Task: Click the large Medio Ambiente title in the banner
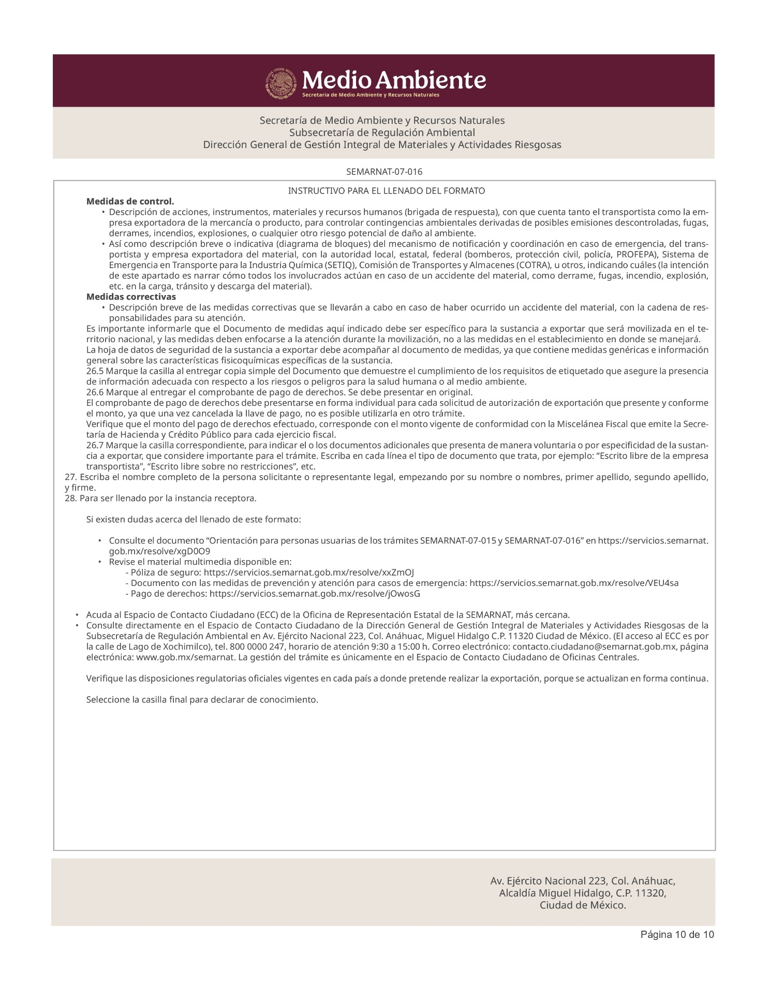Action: click(x=394, y=80)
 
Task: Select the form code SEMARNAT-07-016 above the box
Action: click(x=384, y=171)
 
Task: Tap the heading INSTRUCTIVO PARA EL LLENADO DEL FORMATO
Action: click(x=386, y=191)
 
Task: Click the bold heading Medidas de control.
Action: click(x=130, y=201)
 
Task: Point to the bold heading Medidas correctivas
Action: click(x=131, y=297)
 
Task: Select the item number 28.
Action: click(x=70, y=498)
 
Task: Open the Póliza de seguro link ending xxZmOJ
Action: click(x=308, y=572)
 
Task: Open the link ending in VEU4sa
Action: click(x=573, y=583)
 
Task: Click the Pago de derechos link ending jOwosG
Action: click(x=315, y=594)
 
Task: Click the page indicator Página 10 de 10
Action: click(x=677, y=934)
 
